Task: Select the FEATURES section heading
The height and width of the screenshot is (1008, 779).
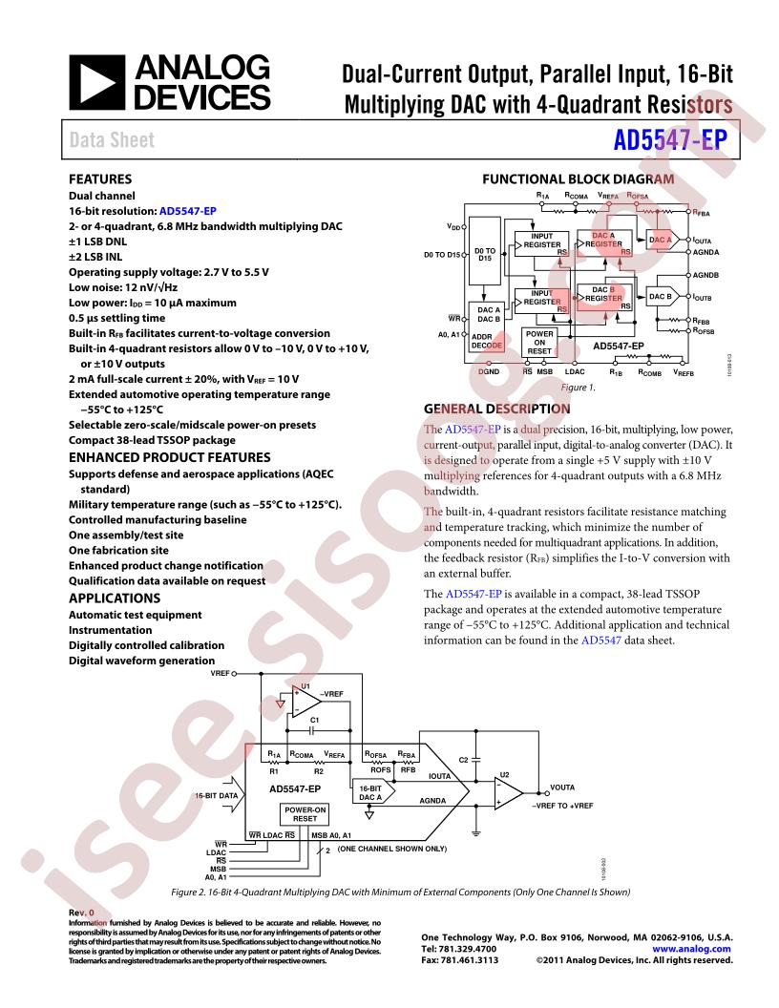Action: tap(100, 178)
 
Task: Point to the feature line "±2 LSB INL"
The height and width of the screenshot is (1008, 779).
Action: tap(103, 257)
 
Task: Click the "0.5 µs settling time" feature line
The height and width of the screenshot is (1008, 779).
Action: tap(116, 318)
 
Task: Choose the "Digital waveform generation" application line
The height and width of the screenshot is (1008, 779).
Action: tap(141, 661)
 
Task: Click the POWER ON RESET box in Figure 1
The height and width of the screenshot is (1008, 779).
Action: tap(540, 342)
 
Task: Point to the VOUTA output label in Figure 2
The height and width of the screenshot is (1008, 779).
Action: tap(563, 788)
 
